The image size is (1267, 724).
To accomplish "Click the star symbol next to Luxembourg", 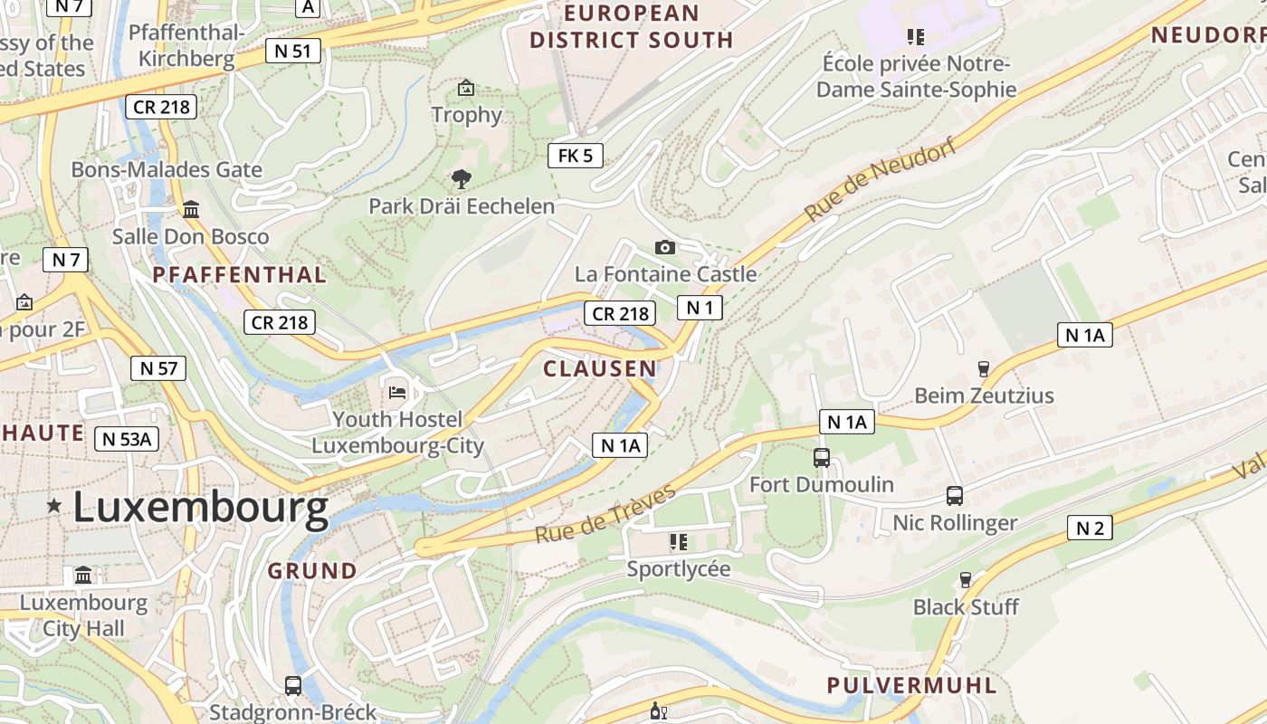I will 54,506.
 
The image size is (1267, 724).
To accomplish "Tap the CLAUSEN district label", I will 600,368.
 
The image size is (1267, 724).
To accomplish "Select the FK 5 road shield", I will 576,156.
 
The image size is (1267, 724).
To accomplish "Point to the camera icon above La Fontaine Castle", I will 665,247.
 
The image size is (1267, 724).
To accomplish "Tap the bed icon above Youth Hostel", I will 397,392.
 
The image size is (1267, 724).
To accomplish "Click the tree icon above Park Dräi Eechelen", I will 461,179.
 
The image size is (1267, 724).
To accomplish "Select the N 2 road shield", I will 1090,528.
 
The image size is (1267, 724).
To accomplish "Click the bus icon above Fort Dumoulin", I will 822,458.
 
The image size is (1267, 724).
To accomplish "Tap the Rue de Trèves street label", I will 605,514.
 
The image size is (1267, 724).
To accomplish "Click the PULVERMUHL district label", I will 912,685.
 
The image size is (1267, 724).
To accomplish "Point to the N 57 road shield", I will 158,367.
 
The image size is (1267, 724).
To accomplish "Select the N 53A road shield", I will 128,439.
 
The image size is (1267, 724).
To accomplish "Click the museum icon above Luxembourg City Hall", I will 83,576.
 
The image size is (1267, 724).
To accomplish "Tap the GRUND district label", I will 312,571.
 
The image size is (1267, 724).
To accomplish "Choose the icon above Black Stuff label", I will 966,579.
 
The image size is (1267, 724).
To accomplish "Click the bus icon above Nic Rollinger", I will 955,496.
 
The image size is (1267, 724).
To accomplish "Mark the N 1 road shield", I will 700,308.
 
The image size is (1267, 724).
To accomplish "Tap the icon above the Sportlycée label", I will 678,542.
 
